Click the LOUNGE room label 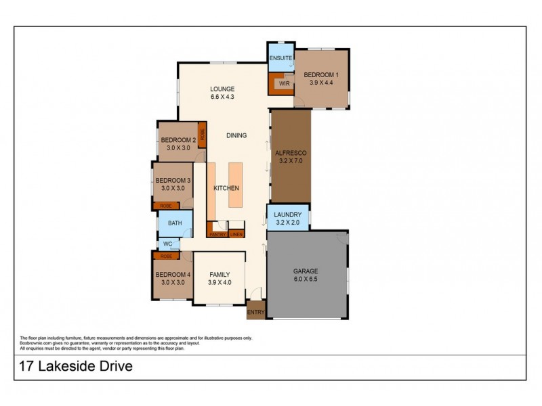click(222, 89)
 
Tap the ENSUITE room click(280, 58)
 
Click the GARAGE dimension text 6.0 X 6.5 click(306, 277)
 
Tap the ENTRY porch click(256, 312)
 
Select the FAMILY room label click(220, 275)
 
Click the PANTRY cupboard click(217, 234)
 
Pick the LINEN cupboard click(236, 234)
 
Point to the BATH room click(175, 223)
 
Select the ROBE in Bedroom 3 click(165, 206)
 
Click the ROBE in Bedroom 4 click(165, 256)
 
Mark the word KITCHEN click(226, 188)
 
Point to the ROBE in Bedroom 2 click(201, 133)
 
